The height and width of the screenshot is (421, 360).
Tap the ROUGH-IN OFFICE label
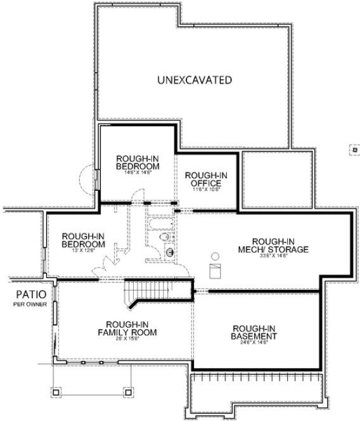point(202,180)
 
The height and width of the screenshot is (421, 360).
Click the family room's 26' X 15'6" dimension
point(127,338)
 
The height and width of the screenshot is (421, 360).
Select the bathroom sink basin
point(169,254)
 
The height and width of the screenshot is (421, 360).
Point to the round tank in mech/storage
point(214,256)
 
